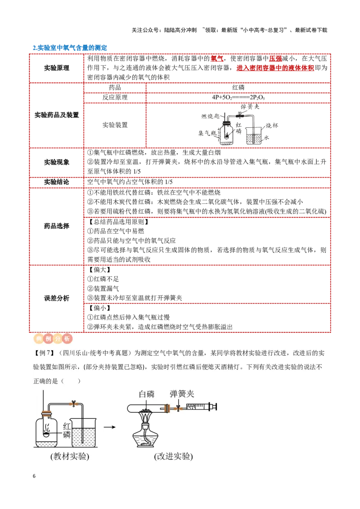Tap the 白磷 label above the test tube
147,394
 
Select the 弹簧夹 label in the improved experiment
182,394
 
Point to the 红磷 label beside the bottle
67,430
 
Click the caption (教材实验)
70,456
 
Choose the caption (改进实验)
173,456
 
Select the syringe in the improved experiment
200,407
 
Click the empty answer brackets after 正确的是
71,381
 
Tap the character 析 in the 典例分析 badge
67,339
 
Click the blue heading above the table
70,47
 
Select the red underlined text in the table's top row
274,68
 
